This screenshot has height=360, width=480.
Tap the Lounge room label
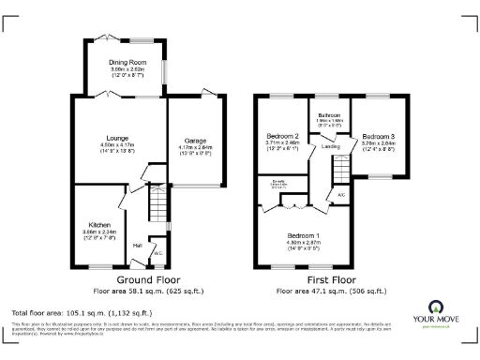[x=116, y=135]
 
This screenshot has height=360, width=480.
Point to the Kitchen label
[x=99, y=226]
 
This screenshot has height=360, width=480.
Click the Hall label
[x=137, y=246]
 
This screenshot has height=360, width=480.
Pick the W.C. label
[x=157, y=252]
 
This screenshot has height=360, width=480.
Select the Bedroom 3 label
[x=378, y=137]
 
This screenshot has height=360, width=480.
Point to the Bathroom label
[x=329, y=114]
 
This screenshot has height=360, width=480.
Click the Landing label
[x=329, y=145]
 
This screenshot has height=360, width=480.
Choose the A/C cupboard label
[x=341, y=195]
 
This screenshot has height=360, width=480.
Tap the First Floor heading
[x=331, y=279]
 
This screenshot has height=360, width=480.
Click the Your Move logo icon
[x=437, y=307]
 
